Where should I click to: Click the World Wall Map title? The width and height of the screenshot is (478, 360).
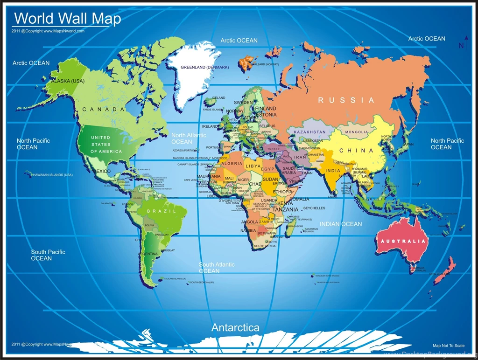68,19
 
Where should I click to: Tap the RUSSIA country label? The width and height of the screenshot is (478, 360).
346,100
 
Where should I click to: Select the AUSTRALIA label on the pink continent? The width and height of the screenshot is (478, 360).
403,241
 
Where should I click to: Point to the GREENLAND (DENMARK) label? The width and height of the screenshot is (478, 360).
205,67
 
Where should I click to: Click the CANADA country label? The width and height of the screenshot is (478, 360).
104,110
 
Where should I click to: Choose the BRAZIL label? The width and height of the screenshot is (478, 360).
162,211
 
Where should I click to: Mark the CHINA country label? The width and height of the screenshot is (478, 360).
356,151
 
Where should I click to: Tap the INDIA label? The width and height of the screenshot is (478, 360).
333,171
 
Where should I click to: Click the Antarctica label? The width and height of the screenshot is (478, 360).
235,327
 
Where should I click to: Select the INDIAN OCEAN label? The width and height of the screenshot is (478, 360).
341,224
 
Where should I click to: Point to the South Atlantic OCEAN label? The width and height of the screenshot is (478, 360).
217,268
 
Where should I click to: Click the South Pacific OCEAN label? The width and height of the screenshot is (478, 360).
48,255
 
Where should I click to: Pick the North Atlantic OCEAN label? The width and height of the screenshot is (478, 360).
189,138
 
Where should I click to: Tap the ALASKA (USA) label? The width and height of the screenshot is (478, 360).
68,81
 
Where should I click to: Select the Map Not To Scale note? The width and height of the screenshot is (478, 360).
449,346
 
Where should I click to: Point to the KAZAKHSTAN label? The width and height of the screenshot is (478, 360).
310,132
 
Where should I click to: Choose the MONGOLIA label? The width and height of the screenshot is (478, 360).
357,132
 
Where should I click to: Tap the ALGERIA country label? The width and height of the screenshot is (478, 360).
232,164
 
